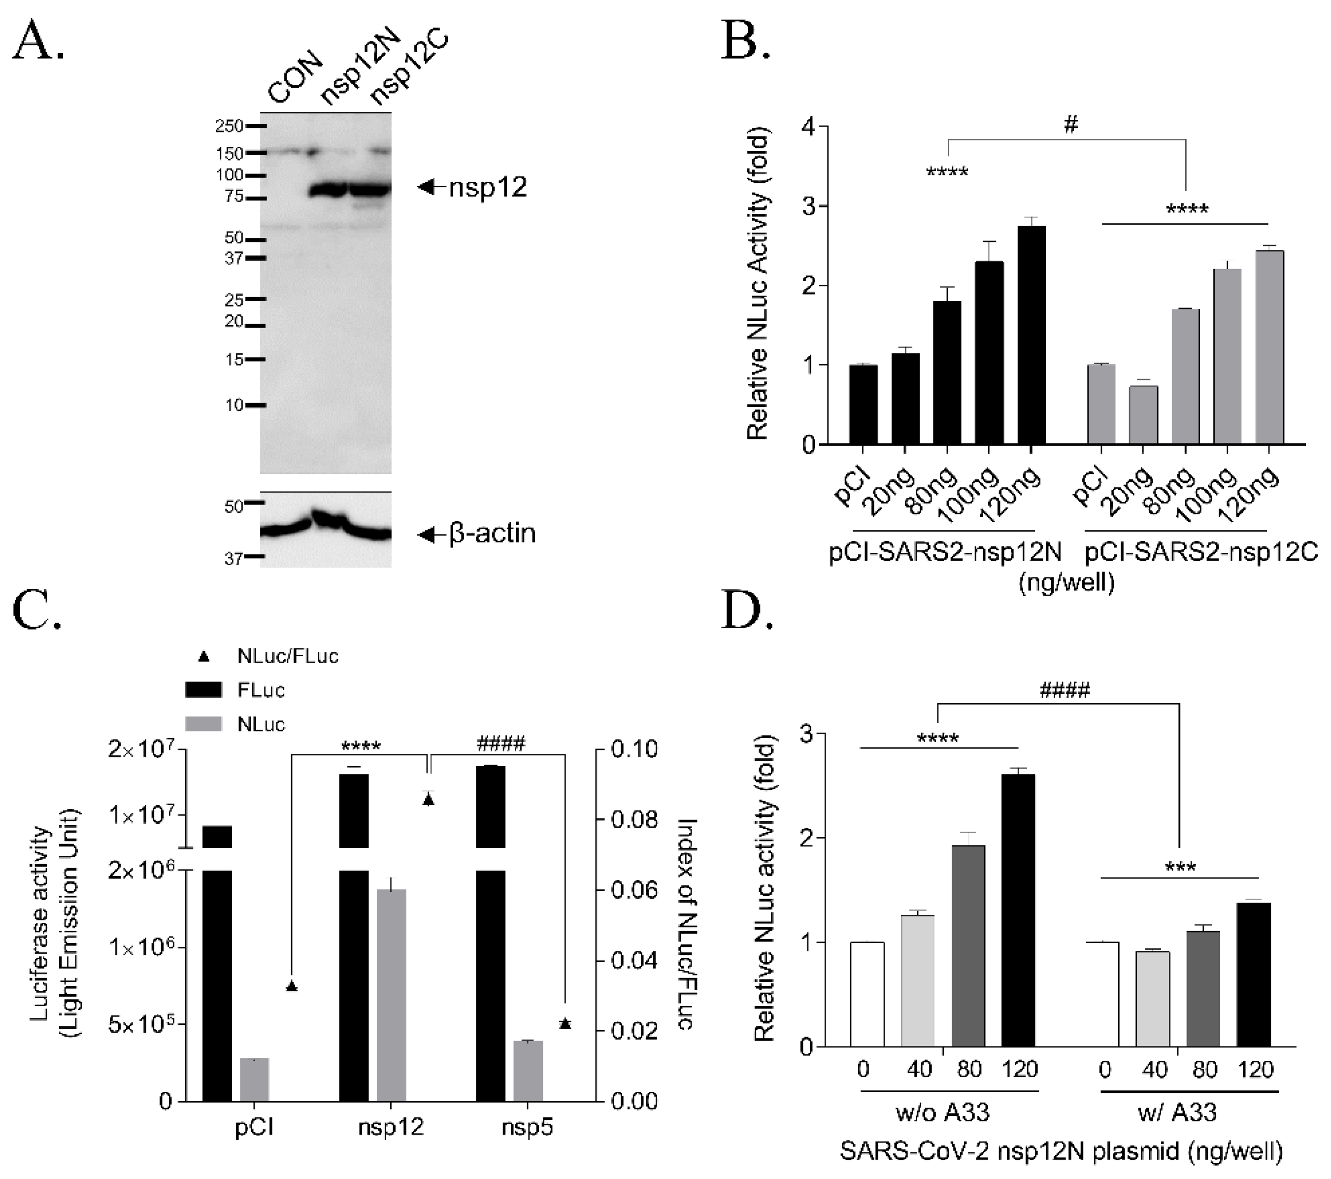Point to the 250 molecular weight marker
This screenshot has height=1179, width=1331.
pos(229,126)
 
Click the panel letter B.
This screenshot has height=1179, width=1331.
pos(746,40)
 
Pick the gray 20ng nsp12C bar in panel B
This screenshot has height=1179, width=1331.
pos(1143,415)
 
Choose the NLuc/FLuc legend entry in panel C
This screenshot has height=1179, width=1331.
pos(287,656)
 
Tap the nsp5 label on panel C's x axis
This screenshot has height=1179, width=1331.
pos(528,1127)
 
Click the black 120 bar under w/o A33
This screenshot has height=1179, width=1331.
pos(1018,910)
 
